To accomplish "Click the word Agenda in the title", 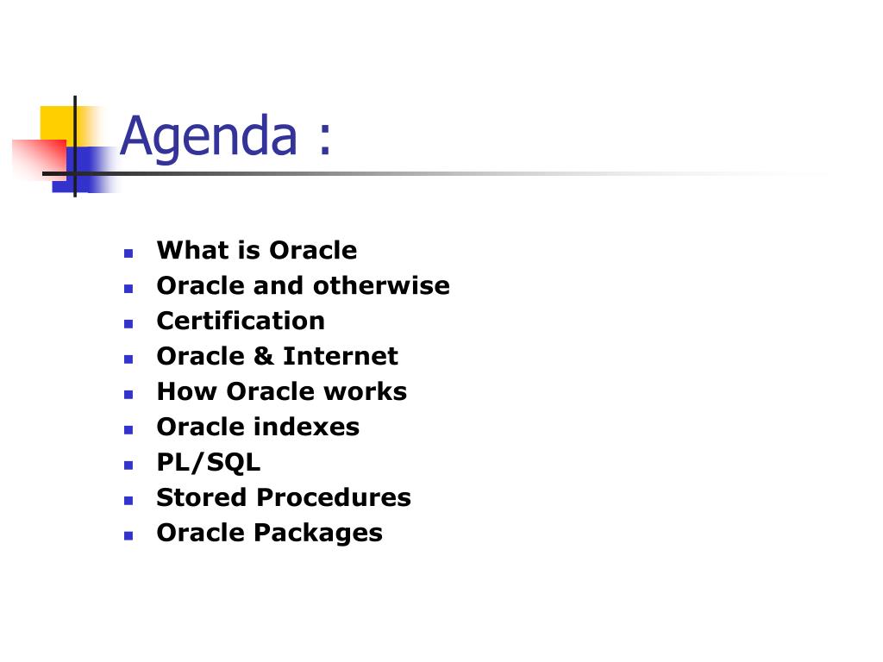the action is pos(209,137).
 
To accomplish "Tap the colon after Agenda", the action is pos(325,137).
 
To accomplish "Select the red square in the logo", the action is pos(39,159).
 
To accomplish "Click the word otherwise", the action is pos(381,285).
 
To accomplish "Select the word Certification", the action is pos(241,321).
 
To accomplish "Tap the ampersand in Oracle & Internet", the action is pos(263,356).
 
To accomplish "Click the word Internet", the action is pos(340,356).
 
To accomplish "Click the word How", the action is pos(187,391).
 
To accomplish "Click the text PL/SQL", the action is pos(209,463).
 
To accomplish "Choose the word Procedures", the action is pos(334,497).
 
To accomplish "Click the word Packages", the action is pos(318,533).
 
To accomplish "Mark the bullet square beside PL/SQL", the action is pos(128,465).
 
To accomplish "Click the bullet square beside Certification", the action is pos(128,324).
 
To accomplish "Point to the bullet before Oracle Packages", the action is pos(128,536).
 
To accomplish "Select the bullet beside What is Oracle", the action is pos(128,253).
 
